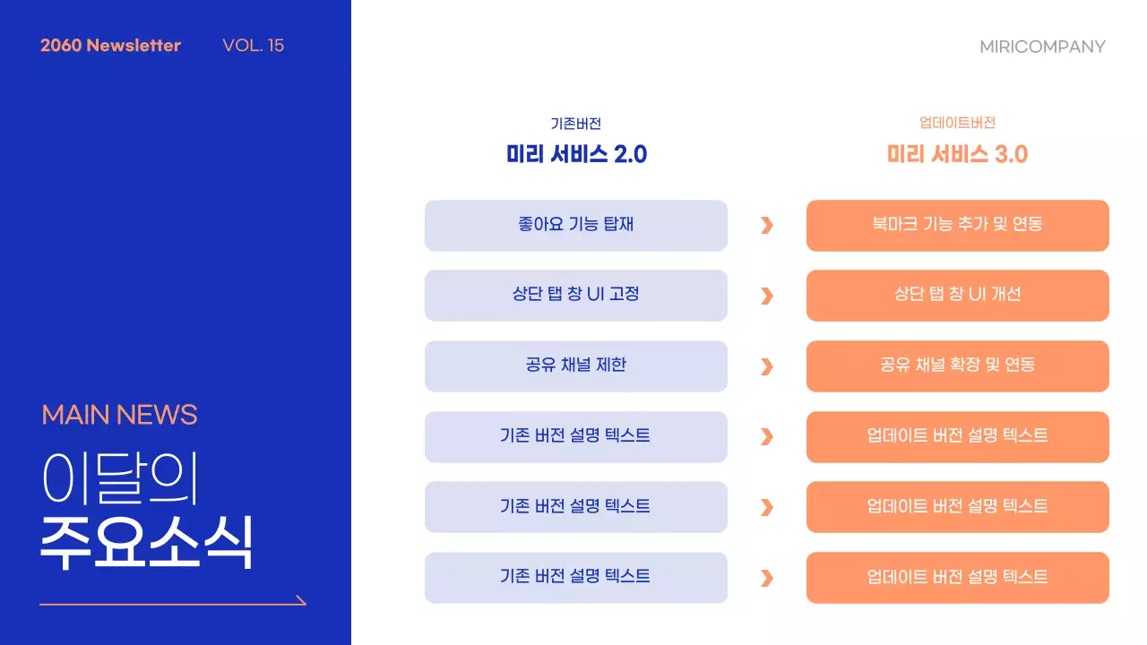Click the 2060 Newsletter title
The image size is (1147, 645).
110,46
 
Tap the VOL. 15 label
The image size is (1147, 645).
253,46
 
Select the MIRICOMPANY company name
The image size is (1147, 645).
1042,47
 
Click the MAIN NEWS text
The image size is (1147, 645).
119,415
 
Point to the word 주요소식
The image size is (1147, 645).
146,542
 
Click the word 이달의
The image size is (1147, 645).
119,478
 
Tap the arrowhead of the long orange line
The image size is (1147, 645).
301,600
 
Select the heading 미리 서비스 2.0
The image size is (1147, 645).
576,154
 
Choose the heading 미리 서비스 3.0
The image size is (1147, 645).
957,154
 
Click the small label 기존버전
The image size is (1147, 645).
576,124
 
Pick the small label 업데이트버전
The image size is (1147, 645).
957,123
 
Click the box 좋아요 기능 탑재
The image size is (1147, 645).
576,225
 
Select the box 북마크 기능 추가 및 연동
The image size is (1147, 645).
957,225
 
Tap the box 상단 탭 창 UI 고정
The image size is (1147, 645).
576,295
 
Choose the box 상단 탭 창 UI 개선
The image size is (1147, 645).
957,295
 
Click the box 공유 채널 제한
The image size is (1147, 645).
576,365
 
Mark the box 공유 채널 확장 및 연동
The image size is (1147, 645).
957,365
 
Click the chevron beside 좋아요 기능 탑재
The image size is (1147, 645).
766,225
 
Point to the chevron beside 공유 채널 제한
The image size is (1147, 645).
766,366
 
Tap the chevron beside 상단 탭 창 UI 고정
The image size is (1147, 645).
766,296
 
